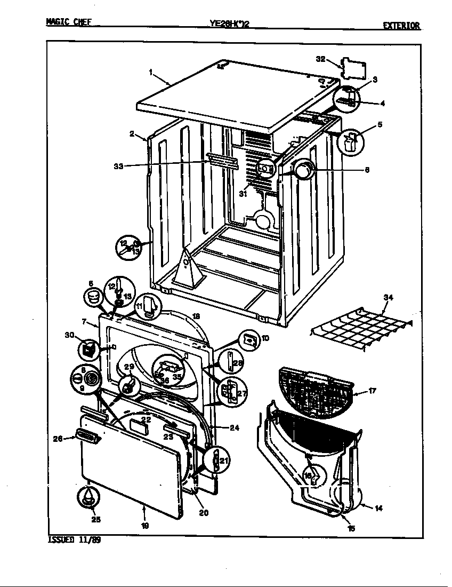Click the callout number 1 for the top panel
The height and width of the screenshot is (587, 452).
pos(151,71)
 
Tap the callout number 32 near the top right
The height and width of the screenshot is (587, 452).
pos(320,59)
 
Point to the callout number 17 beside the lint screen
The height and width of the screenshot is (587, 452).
pos(373,391)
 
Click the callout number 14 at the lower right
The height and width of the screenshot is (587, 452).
pos(378,508)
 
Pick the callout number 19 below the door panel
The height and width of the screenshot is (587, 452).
pos(145,526)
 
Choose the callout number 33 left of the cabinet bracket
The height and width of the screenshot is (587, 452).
pos(118,166)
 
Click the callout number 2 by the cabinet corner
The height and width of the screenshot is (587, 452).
pos(132,134)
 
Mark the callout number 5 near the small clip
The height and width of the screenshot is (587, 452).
pos(380,125)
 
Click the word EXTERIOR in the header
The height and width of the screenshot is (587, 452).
pos(401,26)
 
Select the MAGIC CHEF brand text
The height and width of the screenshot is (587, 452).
pos(69,22)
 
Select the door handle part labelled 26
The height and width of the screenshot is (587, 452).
pos(88,437)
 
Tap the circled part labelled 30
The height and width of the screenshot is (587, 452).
pos(87,350)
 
